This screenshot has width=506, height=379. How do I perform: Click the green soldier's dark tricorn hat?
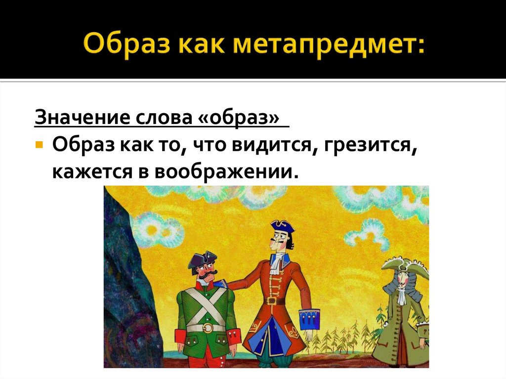point(202,260)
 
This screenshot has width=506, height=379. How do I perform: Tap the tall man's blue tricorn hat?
point(282,227)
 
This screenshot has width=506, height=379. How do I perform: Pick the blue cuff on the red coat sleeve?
point(309,320)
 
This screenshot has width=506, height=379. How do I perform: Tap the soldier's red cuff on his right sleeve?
point(181,336)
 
